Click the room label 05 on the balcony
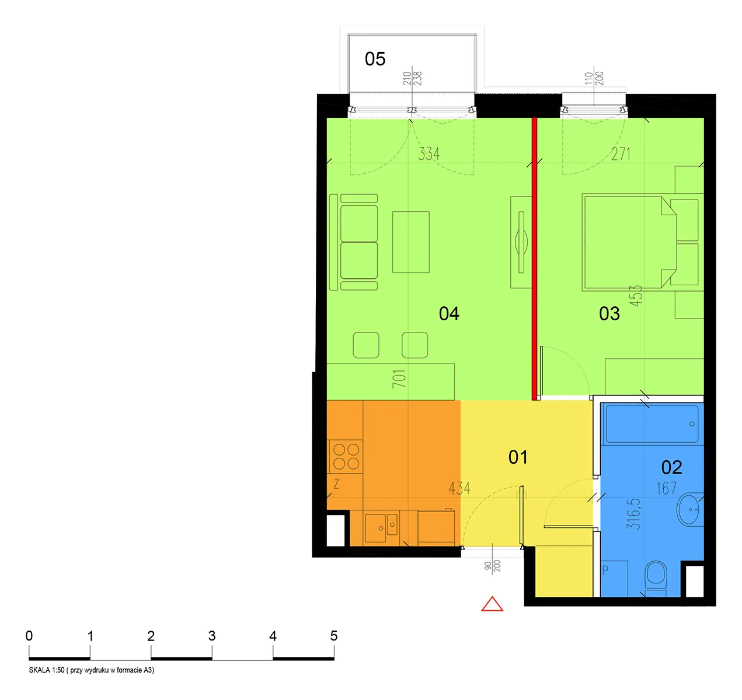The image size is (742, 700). [x=375, y=59]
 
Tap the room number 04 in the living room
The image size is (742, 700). [x=449, y=314]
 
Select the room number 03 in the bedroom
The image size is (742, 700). [x=609, y=314]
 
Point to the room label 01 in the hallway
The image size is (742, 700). [x=518, y=457]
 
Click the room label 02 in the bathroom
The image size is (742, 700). [x=671, y=467]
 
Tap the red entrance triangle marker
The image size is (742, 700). [x=492, y=604]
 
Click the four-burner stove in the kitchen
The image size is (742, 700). [x=346, y=457]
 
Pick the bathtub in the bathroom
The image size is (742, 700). [x=652, y=424]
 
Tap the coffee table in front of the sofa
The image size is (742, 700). [x=410, y=242]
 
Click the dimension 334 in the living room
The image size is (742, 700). [x=429, y=154]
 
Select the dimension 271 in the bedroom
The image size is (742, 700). [x=621, y=154]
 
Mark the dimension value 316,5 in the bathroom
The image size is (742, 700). [x=633, y=514]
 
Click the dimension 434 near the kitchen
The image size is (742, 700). [x=459, y=488]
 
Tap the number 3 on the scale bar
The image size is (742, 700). [x=212, y=636]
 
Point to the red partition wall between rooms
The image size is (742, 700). [x=534, y=259]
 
